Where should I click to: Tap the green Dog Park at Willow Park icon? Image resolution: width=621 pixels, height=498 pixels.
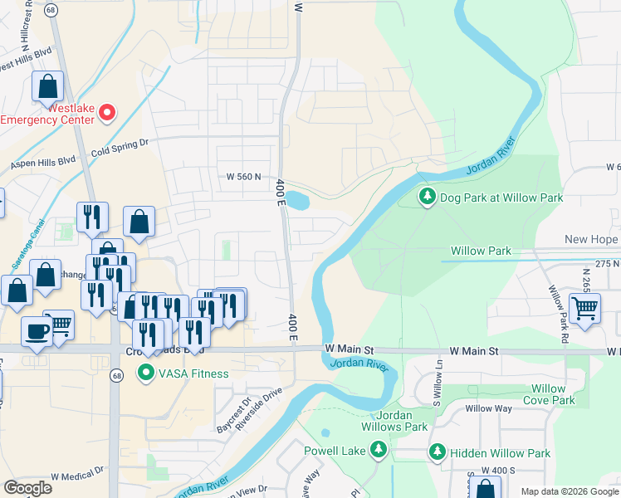pos(428,198)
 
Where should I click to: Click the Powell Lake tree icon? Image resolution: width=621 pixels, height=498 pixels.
pos(379,449)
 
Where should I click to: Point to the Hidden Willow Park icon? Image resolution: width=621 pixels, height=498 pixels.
pos(438,452)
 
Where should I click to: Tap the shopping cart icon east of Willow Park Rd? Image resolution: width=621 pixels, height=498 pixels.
pos(586,308)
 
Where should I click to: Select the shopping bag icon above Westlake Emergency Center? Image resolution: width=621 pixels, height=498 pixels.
pos(48,85)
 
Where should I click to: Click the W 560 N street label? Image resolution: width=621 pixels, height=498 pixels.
pos(249,177)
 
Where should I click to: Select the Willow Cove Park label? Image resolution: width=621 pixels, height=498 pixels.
pos(548,394)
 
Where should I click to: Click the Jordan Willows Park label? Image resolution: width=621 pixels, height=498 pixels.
pos(390,421)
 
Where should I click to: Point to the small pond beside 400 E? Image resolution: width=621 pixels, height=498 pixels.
pos(299,200)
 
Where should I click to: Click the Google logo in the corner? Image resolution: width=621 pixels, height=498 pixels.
pos(27,488)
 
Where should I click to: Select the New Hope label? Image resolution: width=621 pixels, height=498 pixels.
pos(591,240)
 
